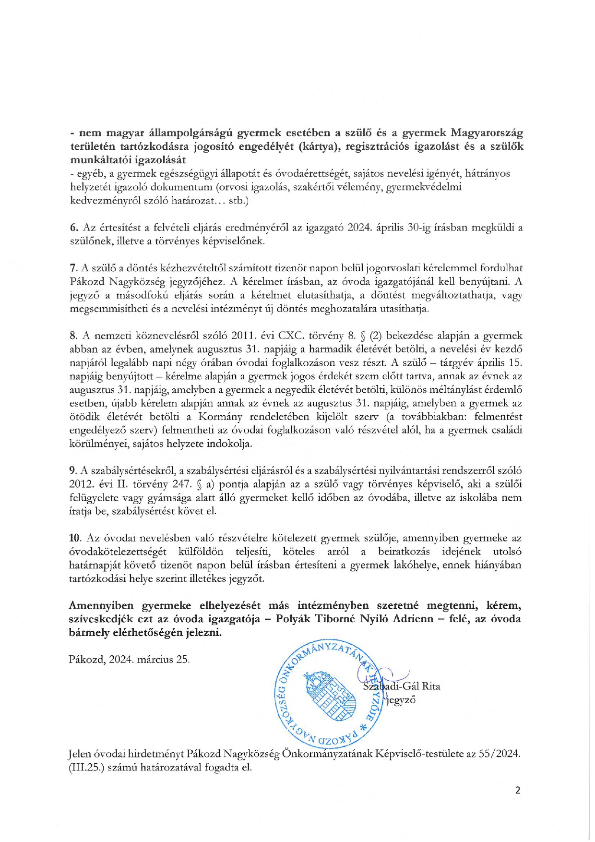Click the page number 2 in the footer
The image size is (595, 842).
(517, 790)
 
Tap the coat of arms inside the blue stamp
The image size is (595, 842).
(330, 697)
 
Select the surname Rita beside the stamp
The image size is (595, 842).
(430, 686)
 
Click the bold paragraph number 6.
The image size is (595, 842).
(73, 228)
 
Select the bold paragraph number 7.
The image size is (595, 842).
(73, 268)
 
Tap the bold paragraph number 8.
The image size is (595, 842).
(73, 336)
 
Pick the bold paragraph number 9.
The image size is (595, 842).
(73, 470)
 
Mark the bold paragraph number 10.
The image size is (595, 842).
(75, 538)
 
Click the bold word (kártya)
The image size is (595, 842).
(318, 146)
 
